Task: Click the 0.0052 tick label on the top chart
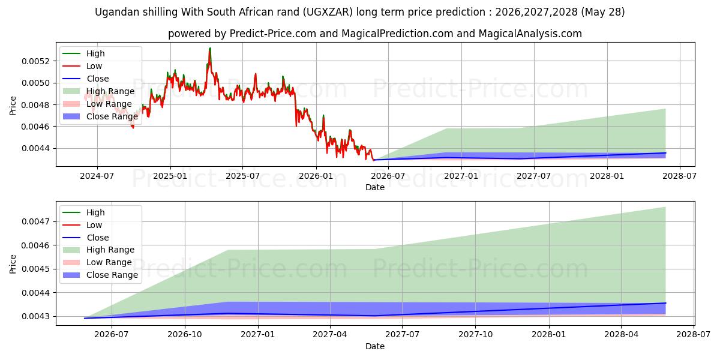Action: tap(35, 61)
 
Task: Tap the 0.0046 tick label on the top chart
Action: tap(35, 127)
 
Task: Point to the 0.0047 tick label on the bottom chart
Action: tap(35, 221)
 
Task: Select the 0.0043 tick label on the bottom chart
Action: tap(35, 316)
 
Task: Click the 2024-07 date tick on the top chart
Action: tap(97, 176)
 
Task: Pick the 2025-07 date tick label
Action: tap(242, 176)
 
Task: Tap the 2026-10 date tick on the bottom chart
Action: tap(185, 334)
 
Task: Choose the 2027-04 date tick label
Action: tap(330, 334)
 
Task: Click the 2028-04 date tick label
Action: tap(622, 334)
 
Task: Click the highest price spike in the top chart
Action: tap(210, 49)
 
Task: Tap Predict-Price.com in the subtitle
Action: tap(272, 34)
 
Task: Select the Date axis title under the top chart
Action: tap(375, 187)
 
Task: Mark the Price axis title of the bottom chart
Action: tap(13, 264)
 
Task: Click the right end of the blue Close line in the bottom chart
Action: tap(665, 303)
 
